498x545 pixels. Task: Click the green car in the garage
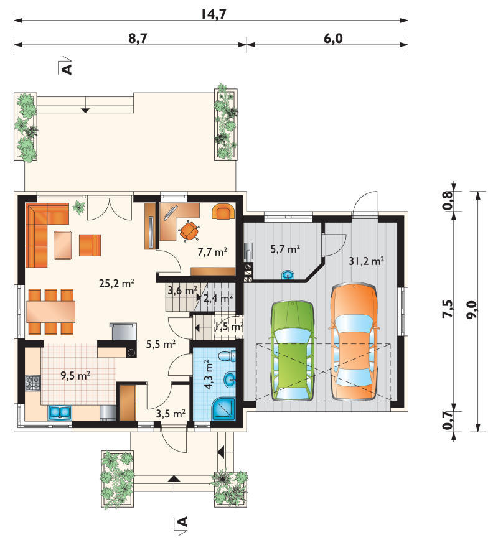point(293,351)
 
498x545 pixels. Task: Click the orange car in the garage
point(354,342)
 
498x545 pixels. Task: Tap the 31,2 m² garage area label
point(366,261)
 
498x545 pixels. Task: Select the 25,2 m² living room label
point(116,283)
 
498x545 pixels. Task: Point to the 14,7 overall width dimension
point(214,14)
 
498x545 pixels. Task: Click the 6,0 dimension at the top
point(333,38)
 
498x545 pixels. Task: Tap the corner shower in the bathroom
point(224,409)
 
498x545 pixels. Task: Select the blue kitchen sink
point(60,412)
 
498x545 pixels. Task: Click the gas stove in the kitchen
point(33,383)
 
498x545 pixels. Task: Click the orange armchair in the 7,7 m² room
point(223,212)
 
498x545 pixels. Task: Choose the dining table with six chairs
point(51,312)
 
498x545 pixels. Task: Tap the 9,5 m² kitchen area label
point(75,375)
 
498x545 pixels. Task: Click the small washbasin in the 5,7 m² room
point(288,275)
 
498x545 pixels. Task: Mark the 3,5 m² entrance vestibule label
point(171,414)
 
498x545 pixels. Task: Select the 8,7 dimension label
point(138,38)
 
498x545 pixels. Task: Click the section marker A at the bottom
point(182,521)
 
